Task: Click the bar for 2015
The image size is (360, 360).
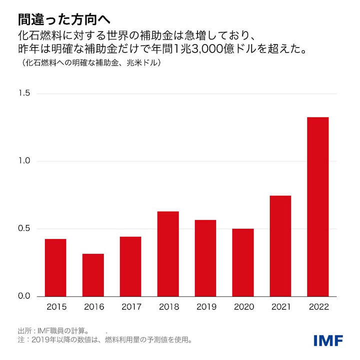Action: (55, 267)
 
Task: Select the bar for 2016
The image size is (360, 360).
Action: (93, 275)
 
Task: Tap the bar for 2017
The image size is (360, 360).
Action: (130, 266)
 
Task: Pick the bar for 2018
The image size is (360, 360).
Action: (168, 253)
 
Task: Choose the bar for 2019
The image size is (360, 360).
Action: (205, 258)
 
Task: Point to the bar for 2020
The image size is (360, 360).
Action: (243, 262)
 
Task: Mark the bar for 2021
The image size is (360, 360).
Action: (280, 246)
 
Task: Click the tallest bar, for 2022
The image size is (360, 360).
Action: (318, 206)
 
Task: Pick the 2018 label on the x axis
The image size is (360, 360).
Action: (168, 306)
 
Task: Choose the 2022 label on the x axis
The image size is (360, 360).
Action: (318, 306)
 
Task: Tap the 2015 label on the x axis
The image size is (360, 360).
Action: (55, 306)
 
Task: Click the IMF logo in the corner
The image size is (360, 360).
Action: (328, 340)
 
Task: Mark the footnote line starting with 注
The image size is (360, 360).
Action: (105, 340)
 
